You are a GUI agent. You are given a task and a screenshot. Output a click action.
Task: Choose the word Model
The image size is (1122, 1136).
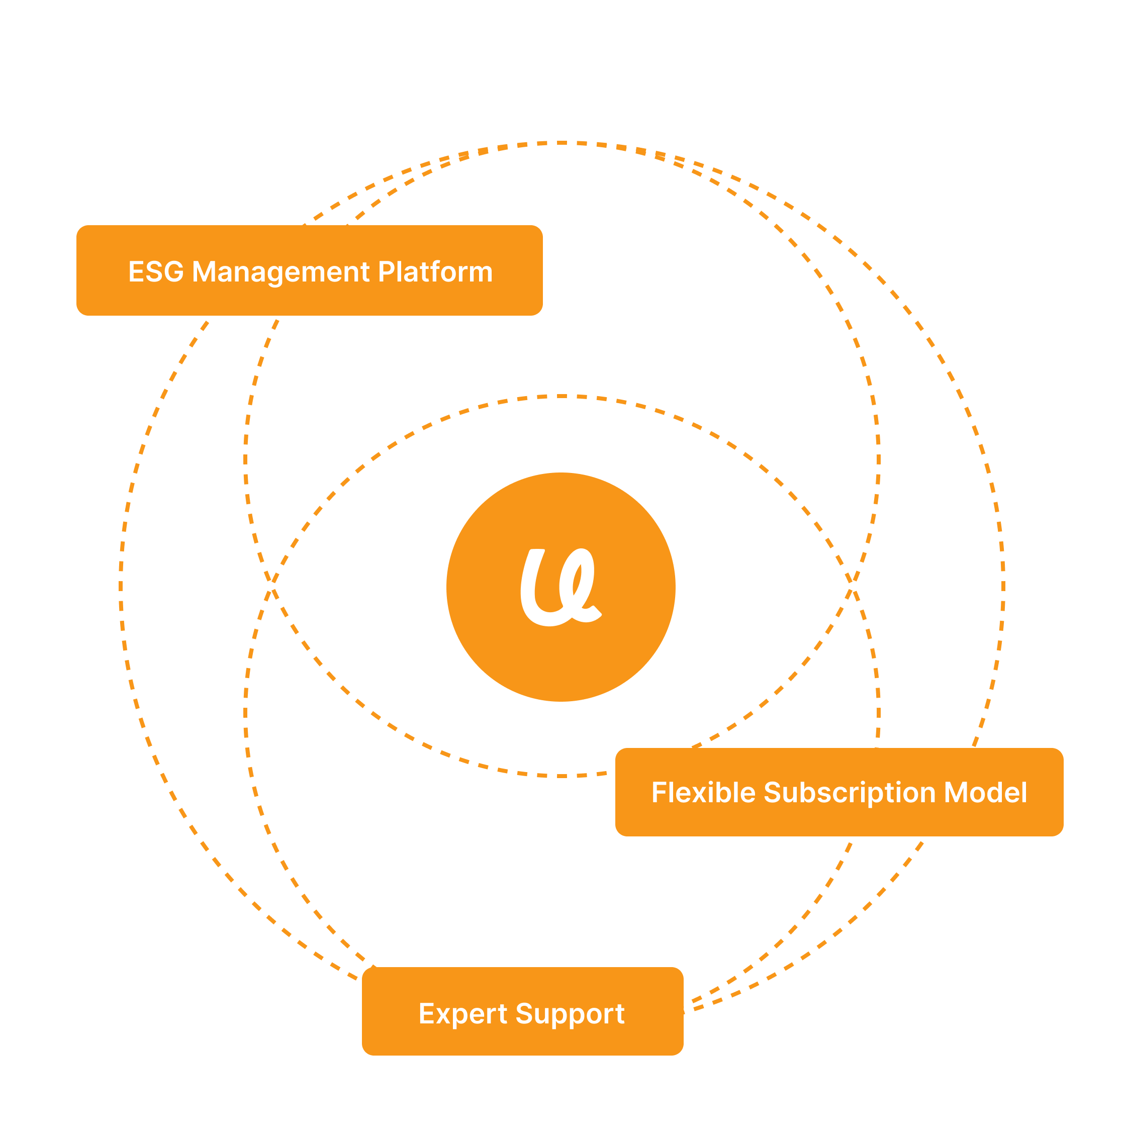coord(986,793)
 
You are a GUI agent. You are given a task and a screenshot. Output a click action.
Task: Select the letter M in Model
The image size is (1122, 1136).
coord(957,793)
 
